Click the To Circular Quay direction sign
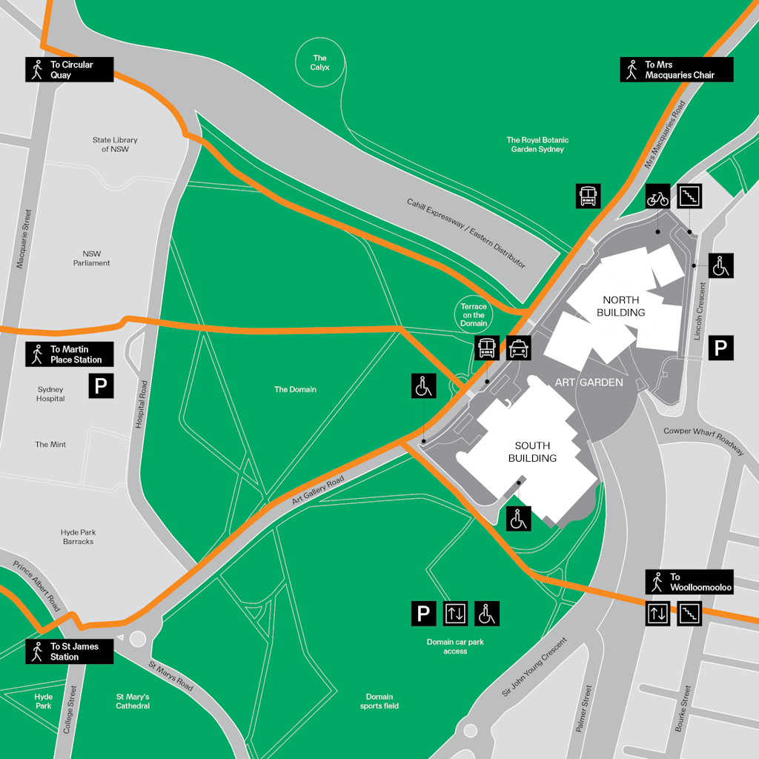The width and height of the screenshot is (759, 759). [70, 70]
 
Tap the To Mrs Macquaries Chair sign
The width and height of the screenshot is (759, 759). [677, 70]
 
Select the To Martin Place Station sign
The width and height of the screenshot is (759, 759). [70, 354]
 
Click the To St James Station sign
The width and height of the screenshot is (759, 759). [70, 652]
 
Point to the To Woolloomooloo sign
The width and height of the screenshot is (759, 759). [689, 582]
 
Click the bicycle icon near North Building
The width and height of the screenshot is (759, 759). [658, 196]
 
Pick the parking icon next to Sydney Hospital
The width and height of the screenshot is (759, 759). [102, 385]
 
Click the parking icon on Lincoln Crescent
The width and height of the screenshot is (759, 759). [720, 347]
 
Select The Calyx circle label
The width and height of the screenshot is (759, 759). [320, 63]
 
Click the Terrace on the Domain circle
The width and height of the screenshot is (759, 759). [474, 315]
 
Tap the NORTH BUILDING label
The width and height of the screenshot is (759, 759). [621, 306]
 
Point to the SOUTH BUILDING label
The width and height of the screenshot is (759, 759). [532, 452]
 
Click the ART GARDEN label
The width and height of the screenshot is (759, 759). [589, 382]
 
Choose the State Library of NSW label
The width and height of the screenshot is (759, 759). [115, 145]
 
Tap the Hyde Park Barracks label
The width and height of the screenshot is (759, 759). [79, 537]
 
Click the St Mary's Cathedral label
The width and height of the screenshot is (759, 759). [133, 701]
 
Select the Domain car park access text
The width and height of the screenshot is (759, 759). [455, 646]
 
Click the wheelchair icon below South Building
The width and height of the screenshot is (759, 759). [519, 518]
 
